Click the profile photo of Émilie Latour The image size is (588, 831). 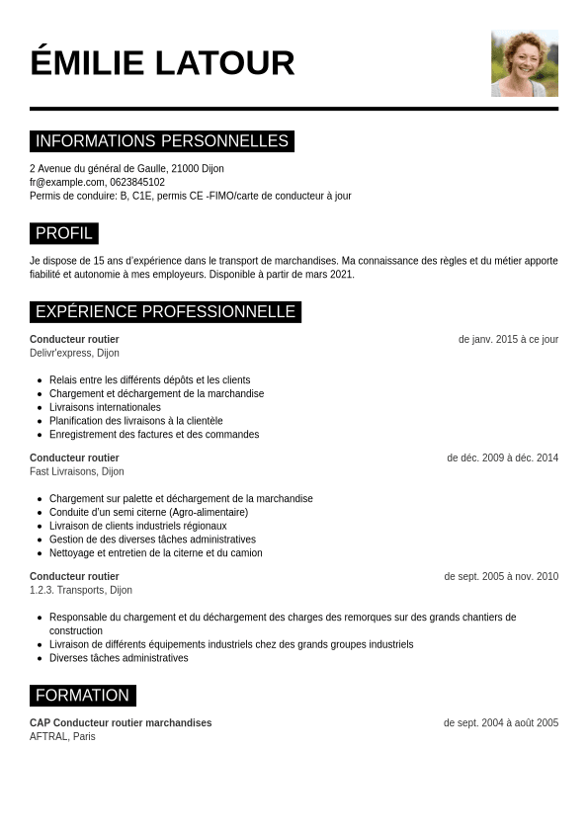[525, 63]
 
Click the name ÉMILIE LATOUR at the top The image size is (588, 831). [162, 63]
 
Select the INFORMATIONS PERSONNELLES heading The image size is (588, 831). [162, 141]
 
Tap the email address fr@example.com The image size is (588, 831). [67, 182]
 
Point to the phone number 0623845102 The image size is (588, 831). [137, 182]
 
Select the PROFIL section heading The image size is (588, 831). [64, 234]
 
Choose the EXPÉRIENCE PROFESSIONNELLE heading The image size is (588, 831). [165, 312]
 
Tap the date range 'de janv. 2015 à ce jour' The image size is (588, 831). [508, 339]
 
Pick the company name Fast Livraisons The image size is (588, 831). [62, 471]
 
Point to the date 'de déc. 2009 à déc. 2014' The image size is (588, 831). [502, 457]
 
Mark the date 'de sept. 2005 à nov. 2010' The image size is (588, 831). [501, 576]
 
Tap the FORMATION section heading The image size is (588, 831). [83, 696]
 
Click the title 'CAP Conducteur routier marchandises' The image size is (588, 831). [121, 722]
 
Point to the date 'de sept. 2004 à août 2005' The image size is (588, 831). [501, 722]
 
